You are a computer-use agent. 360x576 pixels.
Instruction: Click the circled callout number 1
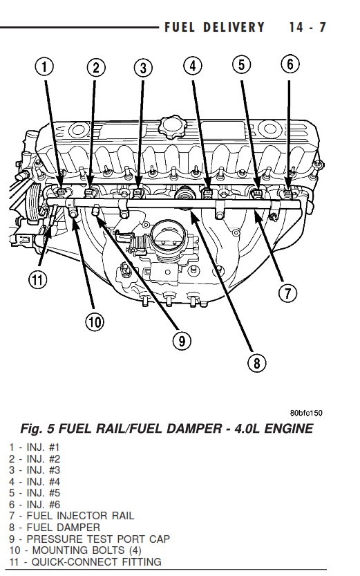(44, 67)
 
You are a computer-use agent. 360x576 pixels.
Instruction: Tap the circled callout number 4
(193, 66)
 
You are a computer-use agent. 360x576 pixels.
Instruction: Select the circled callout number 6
(290, 64)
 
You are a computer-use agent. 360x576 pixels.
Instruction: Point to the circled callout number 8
(256, 363)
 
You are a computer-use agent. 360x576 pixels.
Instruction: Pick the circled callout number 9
(182, 341)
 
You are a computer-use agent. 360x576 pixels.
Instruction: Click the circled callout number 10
(95, 322)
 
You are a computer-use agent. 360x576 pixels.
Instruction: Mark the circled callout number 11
(38, 280)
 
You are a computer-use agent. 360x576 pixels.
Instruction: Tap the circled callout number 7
(287, 293)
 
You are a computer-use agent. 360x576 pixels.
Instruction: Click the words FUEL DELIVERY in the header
(214, 28)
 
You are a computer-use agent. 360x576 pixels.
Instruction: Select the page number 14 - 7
(307, 28)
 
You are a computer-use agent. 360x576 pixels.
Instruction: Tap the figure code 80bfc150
(306, 413)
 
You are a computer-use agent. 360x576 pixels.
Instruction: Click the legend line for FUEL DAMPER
(55, 528)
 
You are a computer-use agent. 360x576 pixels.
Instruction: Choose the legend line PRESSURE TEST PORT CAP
(90, 539)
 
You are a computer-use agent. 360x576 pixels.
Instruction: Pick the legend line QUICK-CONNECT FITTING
(85, 561)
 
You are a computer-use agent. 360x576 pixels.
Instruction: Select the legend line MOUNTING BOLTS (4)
(75, 550)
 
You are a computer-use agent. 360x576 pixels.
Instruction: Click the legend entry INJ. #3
(35, 470)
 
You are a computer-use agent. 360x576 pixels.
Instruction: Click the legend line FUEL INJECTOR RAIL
(72, 516)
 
